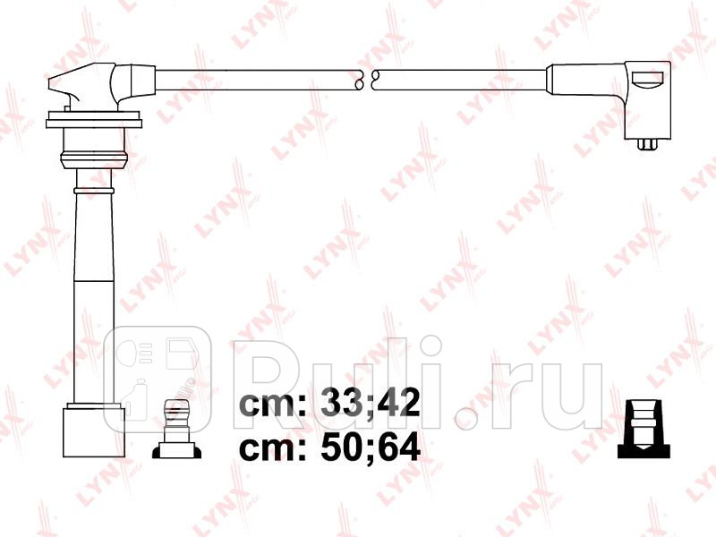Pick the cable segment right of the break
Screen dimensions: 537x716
pos(461,80)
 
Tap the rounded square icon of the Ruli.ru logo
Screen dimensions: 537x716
pos(158,377)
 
